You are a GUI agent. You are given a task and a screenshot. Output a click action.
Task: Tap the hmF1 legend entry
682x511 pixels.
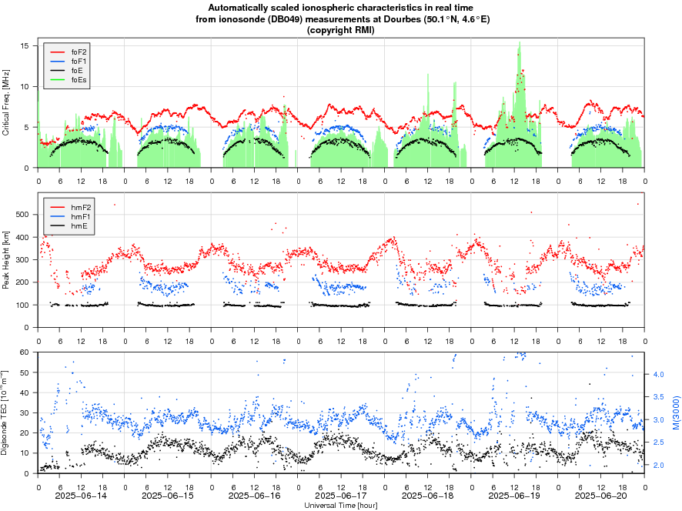click(x=78, y=217)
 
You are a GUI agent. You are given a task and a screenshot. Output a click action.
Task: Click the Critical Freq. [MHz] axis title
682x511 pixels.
click(x=6, y=102)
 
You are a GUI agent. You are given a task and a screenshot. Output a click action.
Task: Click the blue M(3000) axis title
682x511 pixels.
click(x=675, y=413)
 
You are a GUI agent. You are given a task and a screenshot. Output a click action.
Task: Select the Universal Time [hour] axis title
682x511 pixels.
click(x=341, y=505)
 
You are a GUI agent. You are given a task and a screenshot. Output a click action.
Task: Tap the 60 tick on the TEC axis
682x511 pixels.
click(x=25, y=352)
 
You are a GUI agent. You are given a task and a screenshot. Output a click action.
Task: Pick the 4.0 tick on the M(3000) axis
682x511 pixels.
click(x=658, y=374)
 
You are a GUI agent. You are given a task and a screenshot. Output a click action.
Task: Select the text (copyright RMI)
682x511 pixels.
click(x=341, y=29)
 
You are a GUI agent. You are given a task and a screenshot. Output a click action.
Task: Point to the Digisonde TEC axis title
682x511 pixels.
click(x=6, y=413)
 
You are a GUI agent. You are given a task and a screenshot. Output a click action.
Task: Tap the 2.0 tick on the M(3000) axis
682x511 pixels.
click(x=658, y=466)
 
